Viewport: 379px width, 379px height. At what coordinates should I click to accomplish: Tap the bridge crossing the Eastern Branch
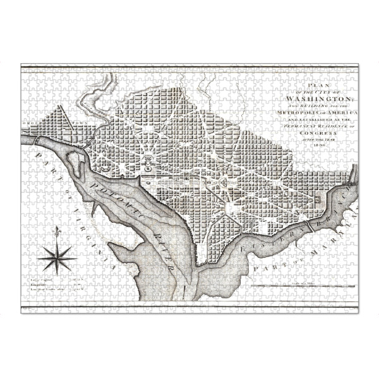(306, 224)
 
